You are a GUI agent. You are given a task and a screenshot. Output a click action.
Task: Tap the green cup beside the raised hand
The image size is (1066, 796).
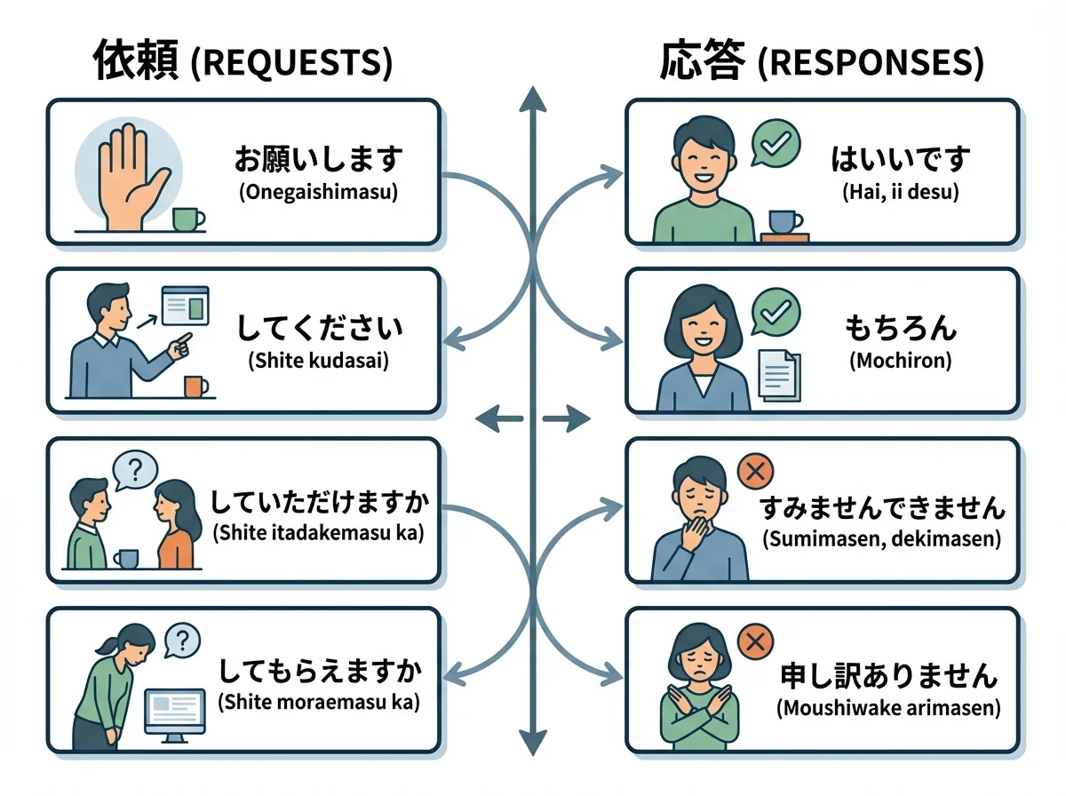pos(187,219)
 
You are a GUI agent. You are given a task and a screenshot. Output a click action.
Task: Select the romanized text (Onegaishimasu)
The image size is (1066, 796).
pos(319,193)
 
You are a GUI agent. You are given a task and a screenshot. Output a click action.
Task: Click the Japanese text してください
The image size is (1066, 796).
pos(319,329)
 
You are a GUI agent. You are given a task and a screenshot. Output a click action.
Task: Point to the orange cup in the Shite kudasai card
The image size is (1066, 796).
pos(195,386)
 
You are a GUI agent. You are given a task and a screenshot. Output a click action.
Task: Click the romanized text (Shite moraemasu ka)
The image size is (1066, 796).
pos(319,702)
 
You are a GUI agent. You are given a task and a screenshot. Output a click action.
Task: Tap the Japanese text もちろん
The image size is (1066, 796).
pos(900,329)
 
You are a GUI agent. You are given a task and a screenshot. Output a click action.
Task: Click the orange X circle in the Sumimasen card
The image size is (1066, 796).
pos(755,472)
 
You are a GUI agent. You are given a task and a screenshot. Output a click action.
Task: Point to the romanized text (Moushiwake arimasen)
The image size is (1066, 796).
pos(888,709)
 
